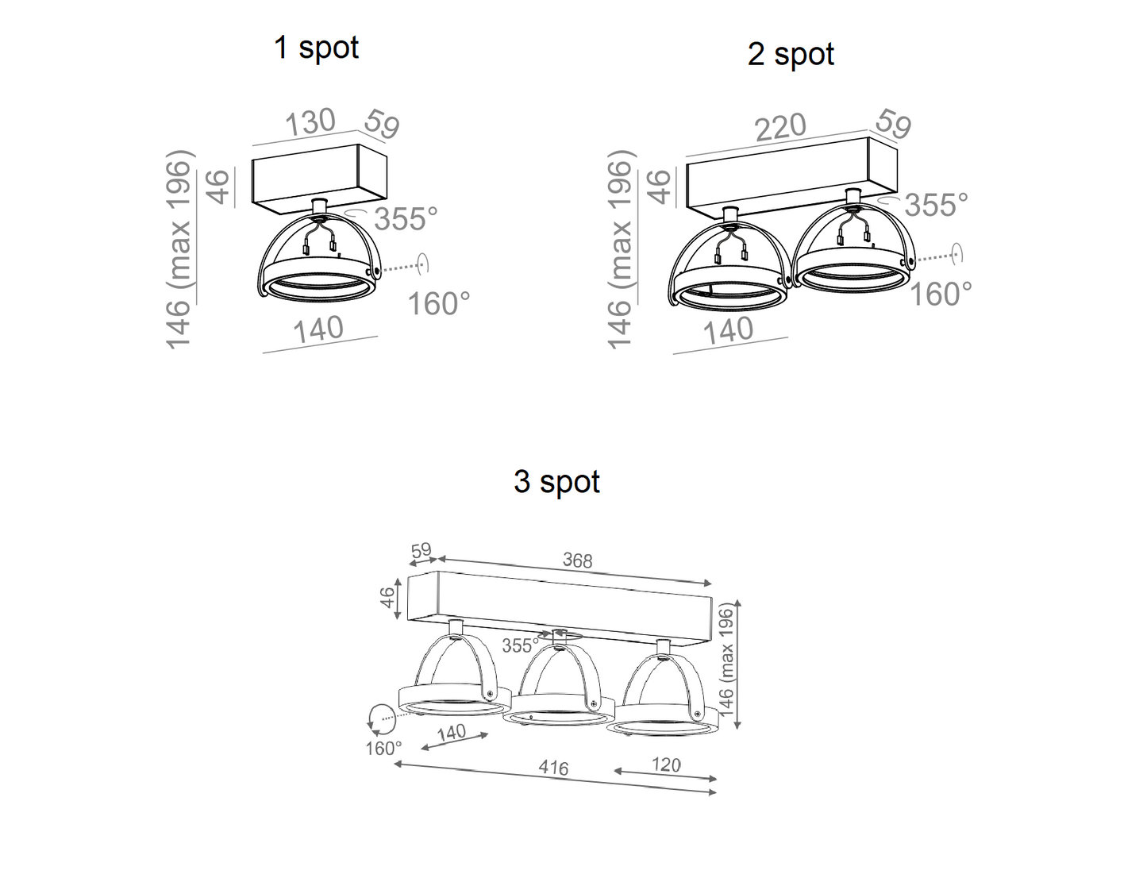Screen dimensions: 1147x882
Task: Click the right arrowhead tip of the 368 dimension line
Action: pos(711,584)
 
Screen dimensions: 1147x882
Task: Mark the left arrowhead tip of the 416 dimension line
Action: pos(395,763)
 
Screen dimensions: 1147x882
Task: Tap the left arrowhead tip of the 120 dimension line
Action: pos(614,771)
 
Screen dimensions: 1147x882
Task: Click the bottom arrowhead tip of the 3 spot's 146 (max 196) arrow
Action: pos(737,729)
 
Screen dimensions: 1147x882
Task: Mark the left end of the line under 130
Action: pos(252,145)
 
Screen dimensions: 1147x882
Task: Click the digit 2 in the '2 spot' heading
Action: pos(756,55)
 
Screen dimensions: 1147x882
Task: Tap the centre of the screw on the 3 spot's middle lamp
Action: pos(595,704)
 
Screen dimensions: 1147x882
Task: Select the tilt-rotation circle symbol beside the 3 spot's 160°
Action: pos(381,719)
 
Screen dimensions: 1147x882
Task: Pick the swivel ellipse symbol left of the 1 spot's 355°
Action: pos(357,213)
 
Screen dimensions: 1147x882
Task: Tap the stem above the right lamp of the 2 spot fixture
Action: pos(851,196)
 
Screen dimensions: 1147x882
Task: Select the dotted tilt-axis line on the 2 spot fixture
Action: pos(935,257)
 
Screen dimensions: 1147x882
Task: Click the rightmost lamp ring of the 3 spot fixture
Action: pos(662,721)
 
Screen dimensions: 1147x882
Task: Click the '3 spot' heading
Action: pos(557,481)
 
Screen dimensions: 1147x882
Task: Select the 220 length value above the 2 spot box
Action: pos(780,128)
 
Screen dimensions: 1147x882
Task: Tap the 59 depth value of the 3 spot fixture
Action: pos(421,550)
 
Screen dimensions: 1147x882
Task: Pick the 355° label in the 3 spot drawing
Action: pos(521,645)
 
